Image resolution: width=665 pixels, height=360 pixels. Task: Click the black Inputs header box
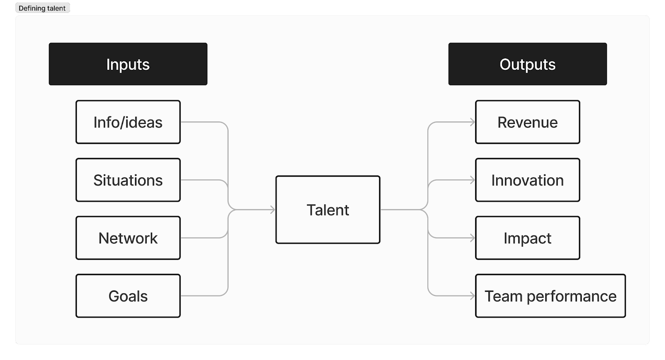pos(128,64)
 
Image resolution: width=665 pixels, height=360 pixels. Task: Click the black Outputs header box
pos(527,64)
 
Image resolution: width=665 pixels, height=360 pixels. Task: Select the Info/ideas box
pos(128,122)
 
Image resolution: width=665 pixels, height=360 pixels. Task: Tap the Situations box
pos(128,180)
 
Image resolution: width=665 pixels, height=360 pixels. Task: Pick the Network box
pos(128,238)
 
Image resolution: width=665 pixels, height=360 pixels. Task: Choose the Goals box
pos(128,296)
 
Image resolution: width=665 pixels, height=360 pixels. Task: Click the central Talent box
pos(328,210)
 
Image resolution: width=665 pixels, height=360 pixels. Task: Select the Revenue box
pos(527,122)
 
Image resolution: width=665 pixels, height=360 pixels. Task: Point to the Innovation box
pos(527,180)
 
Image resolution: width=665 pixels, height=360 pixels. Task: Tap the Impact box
pos(527,238)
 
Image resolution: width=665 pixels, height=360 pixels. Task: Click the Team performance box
pos(550,296)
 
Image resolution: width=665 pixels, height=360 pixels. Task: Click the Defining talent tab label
pos(42,8)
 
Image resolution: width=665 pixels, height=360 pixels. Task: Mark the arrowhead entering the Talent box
pos(273,210)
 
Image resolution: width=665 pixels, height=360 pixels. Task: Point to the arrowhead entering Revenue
pos(473,122)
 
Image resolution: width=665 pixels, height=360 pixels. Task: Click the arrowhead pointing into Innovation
pos(473,180)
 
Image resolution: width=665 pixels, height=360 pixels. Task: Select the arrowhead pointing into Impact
pos(473,238)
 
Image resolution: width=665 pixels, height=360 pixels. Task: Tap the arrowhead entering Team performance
pos(473,296)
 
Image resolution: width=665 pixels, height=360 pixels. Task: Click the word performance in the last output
pos(571,296)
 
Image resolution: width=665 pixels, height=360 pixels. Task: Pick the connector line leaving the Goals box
pos(204,296)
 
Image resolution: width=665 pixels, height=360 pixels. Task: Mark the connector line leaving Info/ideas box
pos(204,122)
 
